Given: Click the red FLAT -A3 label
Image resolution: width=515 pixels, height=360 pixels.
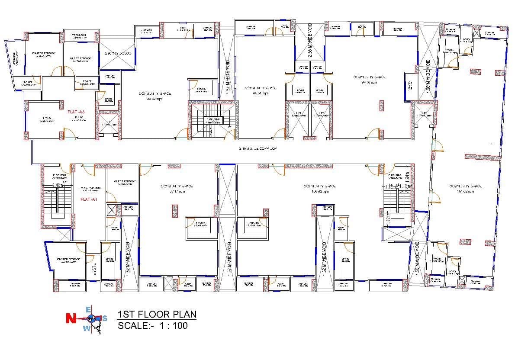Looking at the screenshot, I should coord(76,112).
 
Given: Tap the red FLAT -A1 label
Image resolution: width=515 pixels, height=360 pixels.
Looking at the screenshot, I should coord(88,199).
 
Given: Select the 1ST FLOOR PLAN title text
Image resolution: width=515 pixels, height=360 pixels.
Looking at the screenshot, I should coord(157,315).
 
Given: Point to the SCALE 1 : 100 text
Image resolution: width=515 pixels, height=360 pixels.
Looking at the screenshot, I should coord(153,326).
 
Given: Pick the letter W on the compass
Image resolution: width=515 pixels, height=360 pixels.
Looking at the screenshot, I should coord(86,328).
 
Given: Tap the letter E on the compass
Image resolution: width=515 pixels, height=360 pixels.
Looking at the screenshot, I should coord(88,309).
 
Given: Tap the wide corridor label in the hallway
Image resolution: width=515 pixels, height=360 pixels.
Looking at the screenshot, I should coord(258,148).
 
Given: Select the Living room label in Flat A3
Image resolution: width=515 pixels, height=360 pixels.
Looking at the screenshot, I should coord(47,119).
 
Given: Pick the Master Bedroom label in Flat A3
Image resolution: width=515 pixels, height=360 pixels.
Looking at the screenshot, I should coord(42,55).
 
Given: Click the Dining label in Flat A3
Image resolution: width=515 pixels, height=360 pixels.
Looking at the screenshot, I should coord(79,119).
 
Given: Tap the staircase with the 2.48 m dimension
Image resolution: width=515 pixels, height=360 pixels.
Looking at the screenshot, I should coord(57,203).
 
